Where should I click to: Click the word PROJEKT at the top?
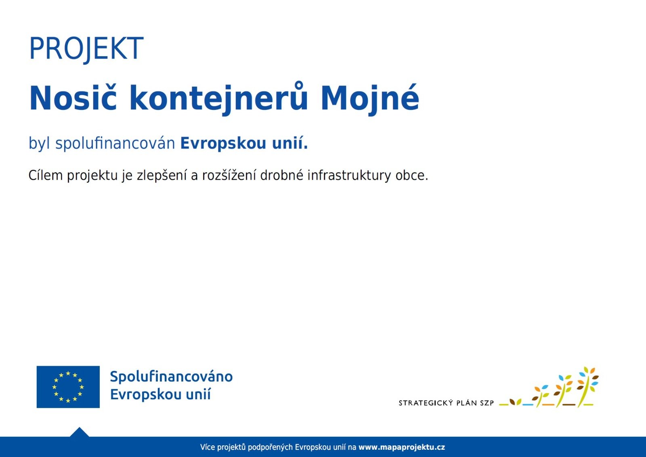click(86, 48)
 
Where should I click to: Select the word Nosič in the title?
click(73, 98)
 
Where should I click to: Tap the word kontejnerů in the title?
click(218, 99)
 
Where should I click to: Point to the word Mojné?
click(370, 99)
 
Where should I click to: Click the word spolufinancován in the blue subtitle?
click(115, 143)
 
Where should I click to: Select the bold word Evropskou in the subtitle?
click(223, 143)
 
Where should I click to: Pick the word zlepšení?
click(162, 176)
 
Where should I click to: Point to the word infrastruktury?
click(349, 176)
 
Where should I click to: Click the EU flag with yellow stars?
click(68, 387)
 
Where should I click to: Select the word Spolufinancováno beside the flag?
click(171, 377)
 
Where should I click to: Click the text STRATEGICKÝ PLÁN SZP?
click(446, 403)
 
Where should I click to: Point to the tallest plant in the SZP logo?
click(587, 387)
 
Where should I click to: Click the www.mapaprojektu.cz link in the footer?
click(401, 447)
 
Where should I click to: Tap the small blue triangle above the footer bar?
click(79, 432)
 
